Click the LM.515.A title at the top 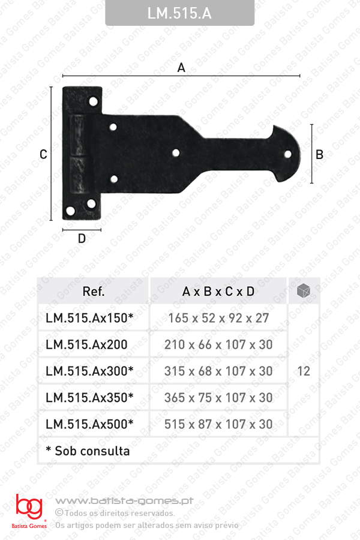coord(179,13)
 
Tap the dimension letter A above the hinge coord(181,67)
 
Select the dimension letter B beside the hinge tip coord(319,154)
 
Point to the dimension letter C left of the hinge coord(43,154)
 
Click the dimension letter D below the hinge coord(82,238)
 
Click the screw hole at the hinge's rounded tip coord(287,154)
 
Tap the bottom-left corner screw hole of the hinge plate coord(70,211)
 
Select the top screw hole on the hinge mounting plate coord(94,101)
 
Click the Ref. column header coord(94,292)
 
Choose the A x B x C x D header coord(218,292)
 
